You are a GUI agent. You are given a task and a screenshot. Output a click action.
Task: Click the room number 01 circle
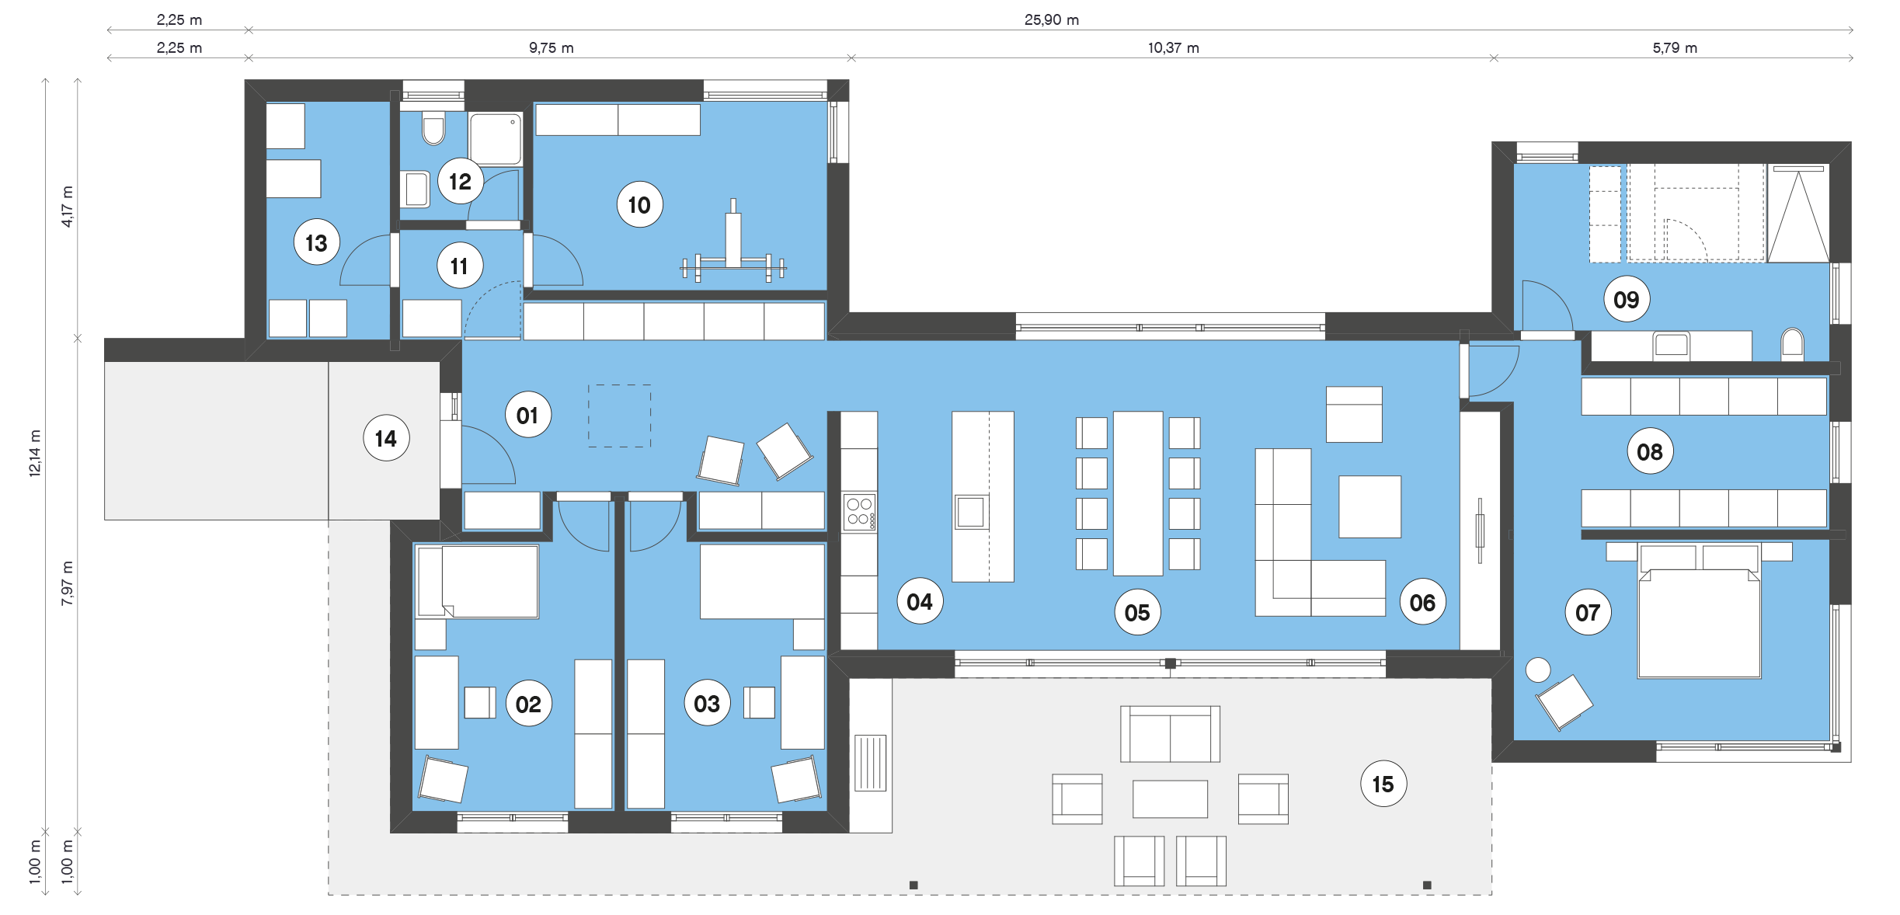[527, 415]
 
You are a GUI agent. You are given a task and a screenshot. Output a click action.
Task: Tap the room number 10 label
[639, 204]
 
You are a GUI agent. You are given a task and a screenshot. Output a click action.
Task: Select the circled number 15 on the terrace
[1383, 784]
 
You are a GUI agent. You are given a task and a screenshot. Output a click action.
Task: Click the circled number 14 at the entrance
[386, 438]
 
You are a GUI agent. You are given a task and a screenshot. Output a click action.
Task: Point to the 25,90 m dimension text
[1051, 19]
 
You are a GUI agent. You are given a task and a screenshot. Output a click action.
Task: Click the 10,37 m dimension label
[1173, 47]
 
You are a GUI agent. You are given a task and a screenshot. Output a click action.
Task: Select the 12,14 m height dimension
[34, 452]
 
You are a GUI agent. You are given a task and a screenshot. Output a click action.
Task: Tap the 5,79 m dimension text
[1675, 47]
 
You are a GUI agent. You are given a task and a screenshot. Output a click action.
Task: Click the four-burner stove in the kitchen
[859, 512]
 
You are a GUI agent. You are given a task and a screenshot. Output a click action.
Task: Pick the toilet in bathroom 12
[433, 129]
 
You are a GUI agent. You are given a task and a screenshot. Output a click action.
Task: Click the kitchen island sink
[971, 512]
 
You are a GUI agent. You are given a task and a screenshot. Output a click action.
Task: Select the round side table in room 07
[1537, 670]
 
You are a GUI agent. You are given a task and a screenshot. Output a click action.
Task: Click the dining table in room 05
[1137, 493]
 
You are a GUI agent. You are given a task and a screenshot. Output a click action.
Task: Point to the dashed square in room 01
[619, 416]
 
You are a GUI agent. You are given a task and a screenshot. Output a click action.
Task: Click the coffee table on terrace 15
[1170, 798]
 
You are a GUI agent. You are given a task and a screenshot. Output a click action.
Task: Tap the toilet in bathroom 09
[1792, 344]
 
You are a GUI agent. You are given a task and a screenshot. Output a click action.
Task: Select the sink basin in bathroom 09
[1671, 345]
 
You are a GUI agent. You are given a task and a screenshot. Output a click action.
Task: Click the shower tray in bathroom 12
[496, 138]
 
